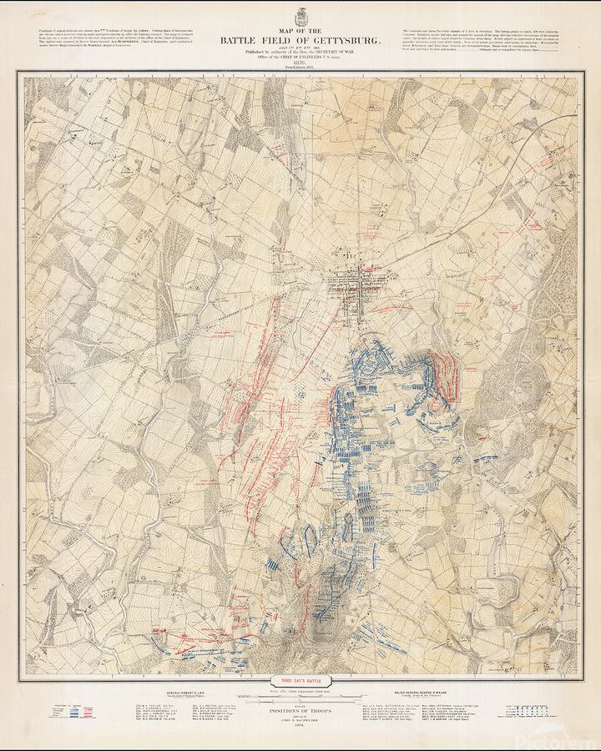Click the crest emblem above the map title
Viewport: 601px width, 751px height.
tap(300, 16)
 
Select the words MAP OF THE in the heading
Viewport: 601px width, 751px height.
tap(300, 31)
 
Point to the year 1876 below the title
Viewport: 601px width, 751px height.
tap(300, 62)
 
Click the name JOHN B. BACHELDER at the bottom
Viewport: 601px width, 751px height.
tap(300, 724)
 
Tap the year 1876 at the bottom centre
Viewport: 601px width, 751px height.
tap(300, 730)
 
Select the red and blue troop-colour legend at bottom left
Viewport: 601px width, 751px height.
tap(71, 713)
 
